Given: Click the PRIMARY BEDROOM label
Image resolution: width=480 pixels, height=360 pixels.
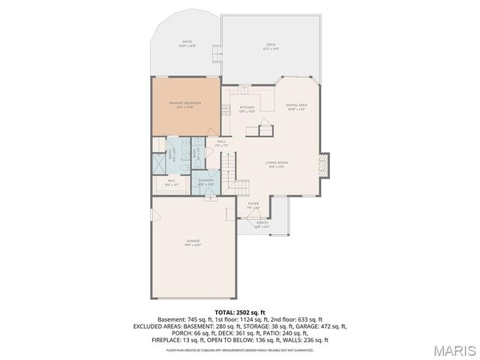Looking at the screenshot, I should [186, 103].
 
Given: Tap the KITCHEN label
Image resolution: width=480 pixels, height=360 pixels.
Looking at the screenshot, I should [247, 107].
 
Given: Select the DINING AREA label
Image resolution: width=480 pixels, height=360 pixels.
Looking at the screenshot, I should [297, 105].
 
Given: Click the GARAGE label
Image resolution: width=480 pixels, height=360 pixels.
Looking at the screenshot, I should [193, 241].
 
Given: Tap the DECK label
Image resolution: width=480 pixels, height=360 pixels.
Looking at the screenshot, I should [271, 44].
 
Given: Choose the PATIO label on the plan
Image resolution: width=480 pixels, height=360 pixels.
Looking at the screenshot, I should [187, 42].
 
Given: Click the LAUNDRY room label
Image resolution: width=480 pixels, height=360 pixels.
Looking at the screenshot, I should [206, 181].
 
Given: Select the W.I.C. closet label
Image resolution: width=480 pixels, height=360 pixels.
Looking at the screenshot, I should [171, 180].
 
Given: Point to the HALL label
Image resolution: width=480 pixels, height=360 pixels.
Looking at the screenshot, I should [222, 141].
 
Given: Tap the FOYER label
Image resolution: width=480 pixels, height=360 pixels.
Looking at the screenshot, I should [253, 203].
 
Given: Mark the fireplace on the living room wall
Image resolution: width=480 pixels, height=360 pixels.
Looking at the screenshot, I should [323, 164].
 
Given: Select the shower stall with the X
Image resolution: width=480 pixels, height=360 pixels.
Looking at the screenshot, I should [159, 163].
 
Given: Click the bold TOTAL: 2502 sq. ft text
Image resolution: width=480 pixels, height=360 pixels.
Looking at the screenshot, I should [240, 312].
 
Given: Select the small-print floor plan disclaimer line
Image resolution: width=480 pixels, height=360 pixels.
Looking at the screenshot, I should [240, 349].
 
